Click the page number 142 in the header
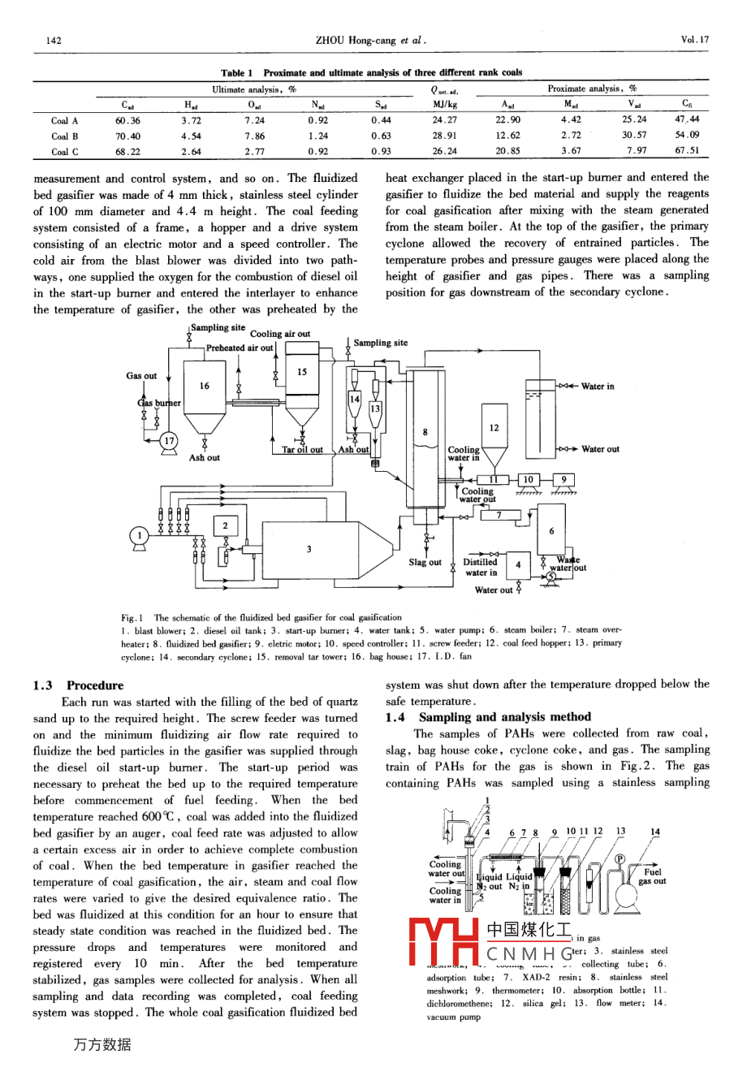[54, 40]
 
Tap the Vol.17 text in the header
[695, 40]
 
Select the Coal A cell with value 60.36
[127, 121]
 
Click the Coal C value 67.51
[687, 151]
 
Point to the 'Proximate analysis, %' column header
[592, 89]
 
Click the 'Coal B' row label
[65, 136]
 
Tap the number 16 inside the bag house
[205, 387]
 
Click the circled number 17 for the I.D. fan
[169, 441]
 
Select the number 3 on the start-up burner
[309, 549]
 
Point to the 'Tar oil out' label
[302, 449]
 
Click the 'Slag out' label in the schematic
[425, 562]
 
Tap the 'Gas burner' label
[159, 403]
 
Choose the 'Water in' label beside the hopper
[598, 387]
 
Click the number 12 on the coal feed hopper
[494, 428]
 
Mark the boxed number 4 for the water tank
[517, 564]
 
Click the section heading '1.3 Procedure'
[79, 685]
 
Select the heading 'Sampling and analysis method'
[504, 717]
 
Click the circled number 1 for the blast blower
[139, 534]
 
